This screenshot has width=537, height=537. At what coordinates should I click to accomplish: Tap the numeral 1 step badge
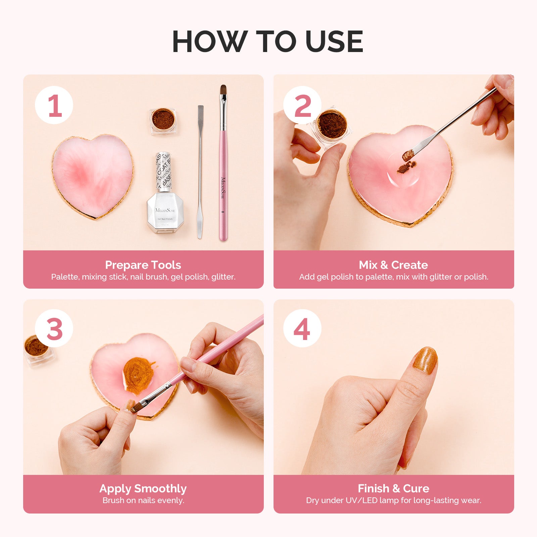pyautogui.click(x=54, y=105)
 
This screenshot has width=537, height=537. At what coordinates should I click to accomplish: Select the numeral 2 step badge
pyautogui.click(x=302, y=105)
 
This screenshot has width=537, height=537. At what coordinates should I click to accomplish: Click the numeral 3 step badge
pyautogui.click(x=54, y=329)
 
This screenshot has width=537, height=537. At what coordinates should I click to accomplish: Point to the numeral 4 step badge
pyautogui.click(x=302, y=329)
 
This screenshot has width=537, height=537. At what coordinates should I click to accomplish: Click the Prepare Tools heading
pyautogui.click(x=143, y=265)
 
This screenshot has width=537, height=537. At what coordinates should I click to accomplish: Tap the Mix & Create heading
pyautogui.click(x=393, y=265)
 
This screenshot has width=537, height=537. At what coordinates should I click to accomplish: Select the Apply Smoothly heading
pyautogui.click(x=143, y=488)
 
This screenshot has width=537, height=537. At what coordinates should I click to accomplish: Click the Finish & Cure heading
pyautogui.click(x=393, y=488)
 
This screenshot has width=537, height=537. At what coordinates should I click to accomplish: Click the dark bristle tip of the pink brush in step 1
pyautogui.click(x=223, y=90)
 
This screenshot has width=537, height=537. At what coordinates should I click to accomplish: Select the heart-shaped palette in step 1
pyautogui.click(x=93, y=176)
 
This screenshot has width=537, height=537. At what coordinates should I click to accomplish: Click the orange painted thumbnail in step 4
pyautogui.click(x=425, y=360)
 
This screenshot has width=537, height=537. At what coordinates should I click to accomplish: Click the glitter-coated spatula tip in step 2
pyautogui.click(x=408, y=155)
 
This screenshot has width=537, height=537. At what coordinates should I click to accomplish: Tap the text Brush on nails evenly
pyautogui.click(x=143, y=500)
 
